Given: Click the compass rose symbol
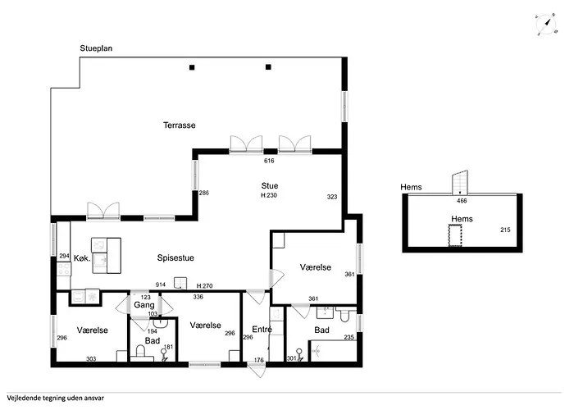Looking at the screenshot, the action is click(x=546, y=24).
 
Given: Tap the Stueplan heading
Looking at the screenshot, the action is click(x=96, y=48).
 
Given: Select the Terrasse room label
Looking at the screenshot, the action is click(x=180, y=125).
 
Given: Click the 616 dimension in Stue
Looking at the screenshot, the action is click(x=269, y=161).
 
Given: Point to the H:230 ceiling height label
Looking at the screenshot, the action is click(x=269, y=195).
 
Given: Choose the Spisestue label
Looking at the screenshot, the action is click(x=175, y=257).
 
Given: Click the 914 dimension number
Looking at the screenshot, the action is click(x=161, y=285).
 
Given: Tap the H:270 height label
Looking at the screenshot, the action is click(x=205, y=286).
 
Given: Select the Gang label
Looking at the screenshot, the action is click(x=143, y=305).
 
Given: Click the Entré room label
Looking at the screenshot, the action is click(x=262, y=330).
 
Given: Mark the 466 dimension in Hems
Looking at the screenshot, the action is click(x=462, y=201).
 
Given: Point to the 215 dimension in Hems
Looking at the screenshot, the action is click(x=505, y=230).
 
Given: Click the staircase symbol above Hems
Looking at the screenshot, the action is click(x=460, y=182).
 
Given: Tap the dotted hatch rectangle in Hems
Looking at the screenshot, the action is click(x=455, y=236).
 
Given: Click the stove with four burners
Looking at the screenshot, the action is click(x=64, y=270).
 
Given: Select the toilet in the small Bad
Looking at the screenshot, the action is click(x=140, y=353).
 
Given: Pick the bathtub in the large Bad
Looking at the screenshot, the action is click(x=332, y=351).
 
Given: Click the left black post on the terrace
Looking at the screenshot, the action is click(x=192, y=67).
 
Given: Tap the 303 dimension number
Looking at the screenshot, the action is click(x=91, y=359).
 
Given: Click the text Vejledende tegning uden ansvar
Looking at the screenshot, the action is click(x=55, y=399).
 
